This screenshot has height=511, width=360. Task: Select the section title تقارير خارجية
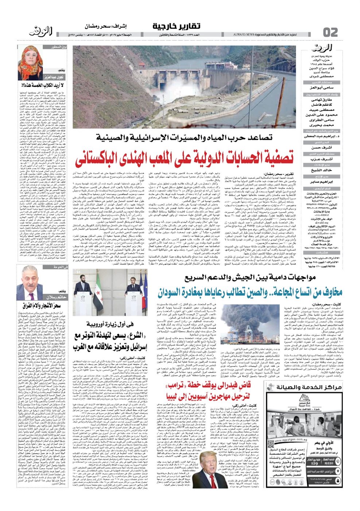pyautogui.click(x=177, y=26)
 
